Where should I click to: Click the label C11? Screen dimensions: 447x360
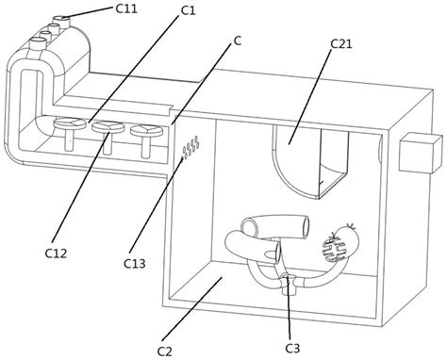point(126,8)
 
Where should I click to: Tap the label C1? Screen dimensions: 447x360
point(188,10)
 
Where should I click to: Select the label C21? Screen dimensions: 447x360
point(341,43)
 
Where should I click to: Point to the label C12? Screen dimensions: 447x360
point(56,253)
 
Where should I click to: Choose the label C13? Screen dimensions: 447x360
point(135,263)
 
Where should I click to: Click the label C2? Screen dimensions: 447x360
point(165,352)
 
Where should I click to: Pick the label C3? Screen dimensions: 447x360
point(292,348)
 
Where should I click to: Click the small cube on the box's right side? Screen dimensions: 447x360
point(421,153)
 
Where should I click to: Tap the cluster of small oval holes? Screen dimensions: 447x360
point(190,147)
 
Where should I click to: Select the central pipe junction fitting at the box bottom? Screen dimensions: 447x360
point(290,285)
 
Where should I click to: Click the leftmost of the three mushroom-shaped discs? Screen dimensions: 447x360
point(70,123)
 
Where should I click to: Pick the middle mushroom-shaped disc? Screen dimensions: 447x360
point(108,126)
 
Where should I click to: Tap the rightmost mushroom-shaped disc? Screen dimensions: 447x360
point(146,130)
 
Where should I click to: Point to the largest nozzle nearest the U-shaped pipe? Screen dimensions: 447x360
point(37,43)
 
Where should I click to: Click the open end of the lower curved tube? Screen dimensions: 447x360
point(278,254)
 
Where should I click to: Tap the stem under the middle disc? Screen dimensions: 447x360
point(108,143)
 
